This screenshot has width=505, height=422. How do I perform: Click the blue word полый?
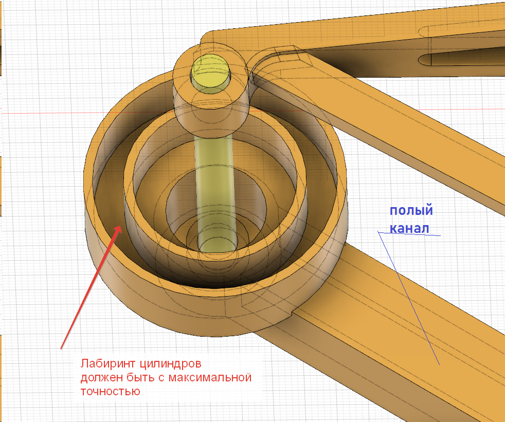(411, 211)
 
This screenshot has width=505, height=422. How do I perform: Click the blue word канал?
(409, 228)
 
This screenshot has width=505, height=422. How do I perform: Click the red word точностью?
(110, 392)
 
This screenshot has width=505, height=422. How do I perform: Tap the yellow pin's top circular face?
(211, 69)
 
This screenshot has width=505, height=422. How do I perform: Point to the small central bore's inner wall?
(180, 206)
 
